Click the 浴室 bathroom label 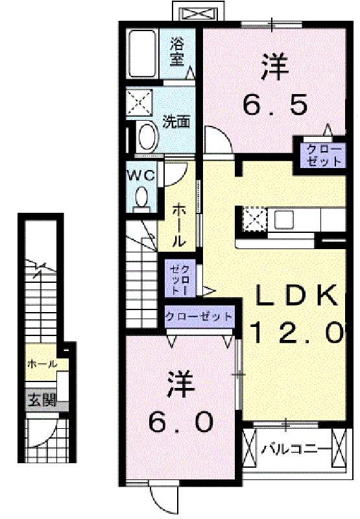tap(176, 52)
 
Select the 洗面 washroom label tap(176, 121)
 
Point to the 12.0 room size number tap(296, 333)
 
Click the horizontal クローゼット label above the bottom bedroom tap(198, 317)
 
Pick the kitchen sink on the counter tap(285, 219)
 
